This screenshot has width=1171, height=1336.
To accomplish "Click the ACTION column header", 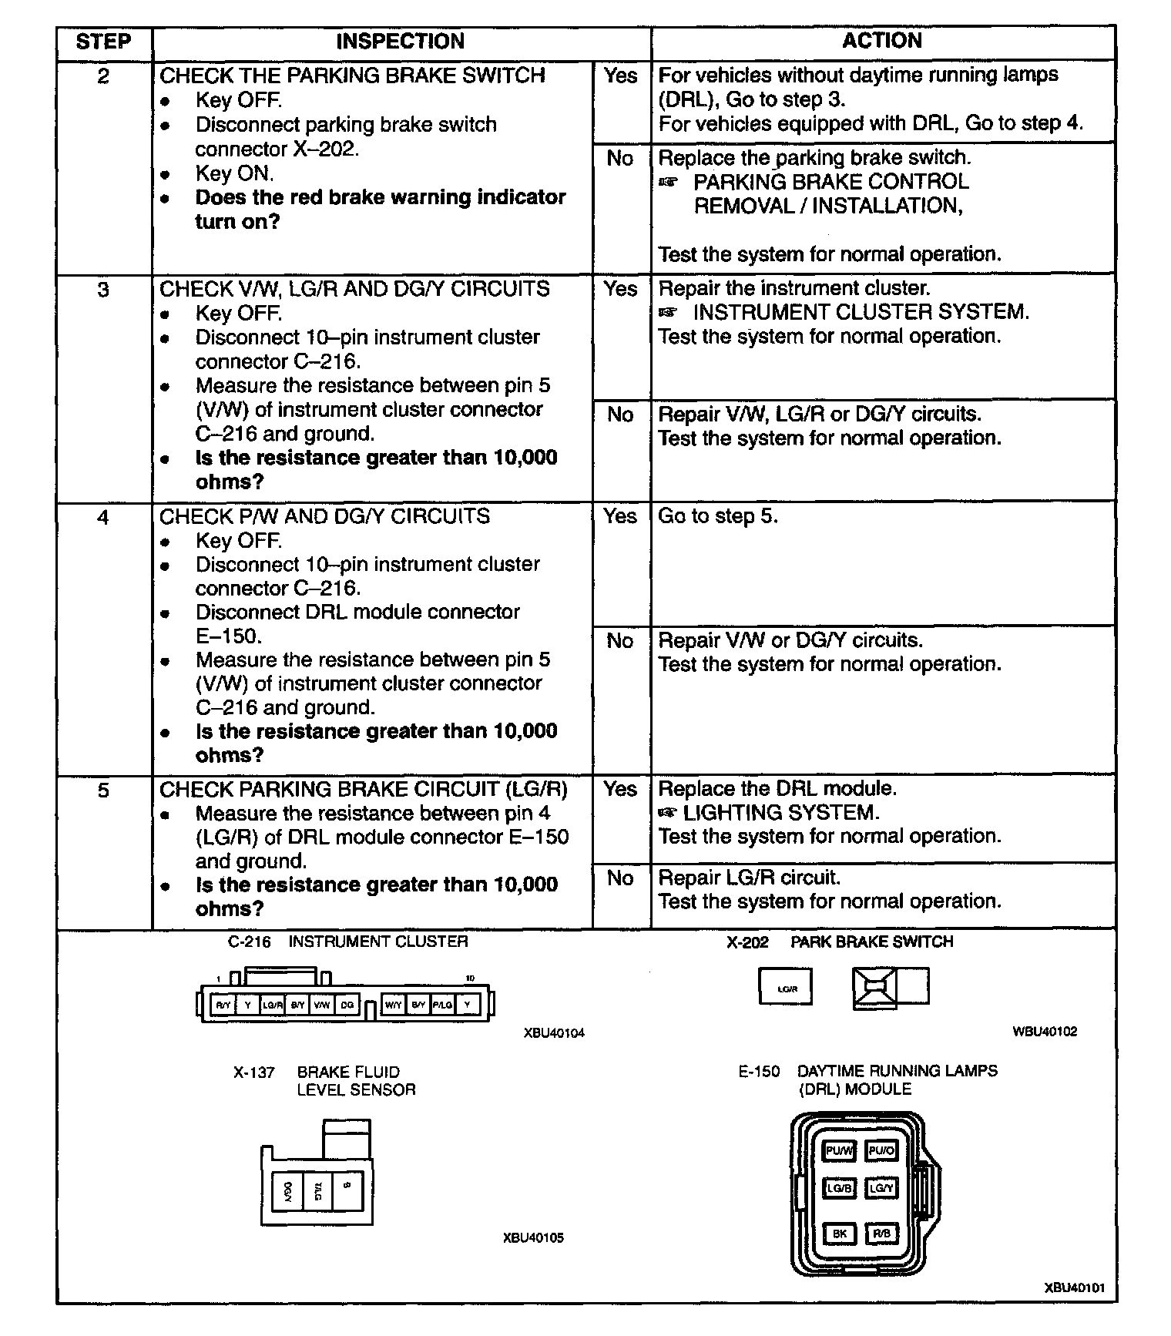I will (882, 41).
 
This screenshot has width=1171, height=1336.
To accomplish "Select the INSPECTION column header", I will (400, 42).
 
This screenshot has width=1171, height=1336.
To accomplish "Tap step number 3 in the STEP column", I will (103, 290).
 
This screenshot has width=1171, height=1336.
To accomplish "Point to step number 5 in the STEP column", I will (103, 791).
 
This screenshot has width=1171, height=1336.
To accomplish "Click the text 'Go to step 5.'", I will (718, 516).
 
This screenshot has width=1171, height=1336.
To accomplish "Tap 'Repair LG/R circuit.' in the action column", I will (749, 878).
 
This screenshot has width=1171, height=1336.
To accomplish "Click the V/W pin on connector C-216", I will (323, 1005).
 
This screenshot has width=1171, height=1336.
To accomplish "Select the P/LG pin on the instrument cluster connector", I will (443, 1005).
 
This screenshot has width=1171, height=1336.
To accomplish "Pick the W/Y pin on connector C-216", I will (393, 1005).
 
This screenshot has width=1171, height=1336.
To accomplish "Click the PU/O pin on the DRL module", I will (881, 1151).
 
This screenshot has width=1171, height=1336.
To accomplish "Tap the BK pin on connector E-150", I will (840, 1234).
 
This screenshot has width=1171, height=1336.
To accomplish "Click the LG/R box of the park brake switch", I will (786, 989).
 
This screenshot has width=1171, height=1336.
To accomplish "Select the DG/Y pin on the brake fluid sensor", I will (288, 1192).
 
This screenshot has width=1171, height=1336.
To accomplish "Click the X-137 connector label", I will (254, 1072).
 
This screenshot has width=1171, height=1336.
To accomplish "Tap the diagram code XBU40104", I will (554, 1033).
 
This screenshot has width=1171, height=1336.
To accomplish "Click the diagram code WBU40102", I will (1045, 1032).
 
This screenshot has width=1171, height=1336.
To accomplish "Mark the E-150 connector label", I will (759, 1072).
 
